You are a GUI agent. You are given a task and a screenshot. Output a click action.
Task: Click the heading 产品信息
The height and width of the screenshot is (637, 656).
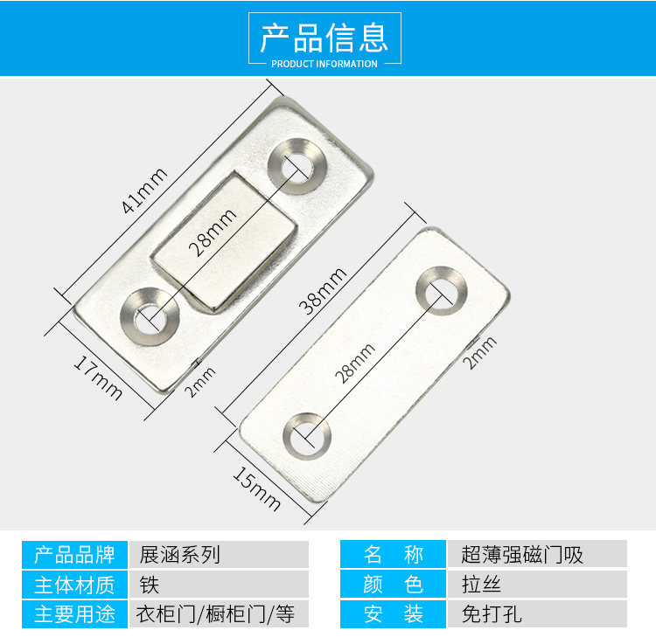coord(325,37)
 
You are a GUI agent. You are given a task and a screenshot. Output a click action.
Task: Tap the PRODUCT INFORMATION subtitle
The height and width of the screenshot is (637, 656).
coord(325,64)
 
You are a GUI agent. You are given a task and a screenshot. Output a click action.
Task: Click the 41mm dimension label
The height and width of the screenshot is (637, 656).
coord(144,191)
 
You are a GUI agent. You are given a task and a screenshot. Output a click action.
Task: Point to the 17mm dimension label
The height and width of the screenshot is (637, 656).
coord(96,375)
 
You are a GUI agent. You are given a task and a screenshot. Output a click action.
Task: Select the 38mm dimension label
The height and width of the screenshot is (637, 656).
coord(321,292)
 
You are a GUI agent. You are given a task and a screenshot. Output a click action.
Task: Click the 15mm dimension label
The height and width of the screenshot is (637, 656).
coord(256,488)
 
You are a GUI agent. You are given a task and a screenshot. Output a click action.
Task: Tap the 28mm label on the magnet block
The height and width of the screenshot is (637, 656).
coord(212,232)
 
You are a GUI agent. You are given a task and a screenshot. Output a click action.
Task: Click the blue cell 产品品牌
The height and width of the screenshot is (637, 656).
coord(74,555)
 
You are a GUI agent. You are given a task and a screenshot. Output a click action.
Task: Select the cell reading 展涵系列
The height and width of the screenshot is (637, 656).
coord(219,555)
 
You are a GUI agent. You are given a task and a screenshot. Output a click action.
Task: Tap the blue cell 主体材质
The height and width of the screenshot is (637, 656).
coord(74,584)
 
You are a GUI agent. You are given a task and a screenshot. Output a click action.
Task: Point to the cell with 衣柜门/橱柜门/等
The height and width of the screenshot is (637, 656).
coord(219,613)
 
